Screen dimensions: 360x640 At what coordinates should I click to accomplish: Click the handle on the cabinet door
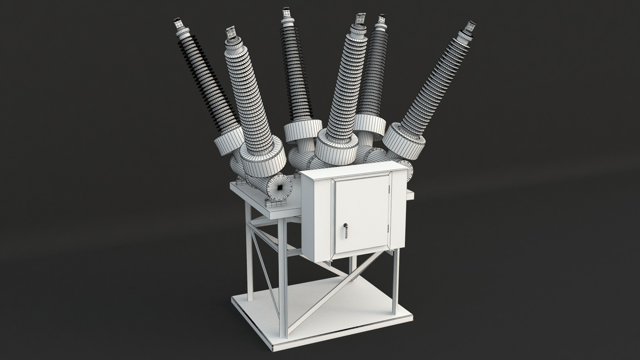[x=346, y=230]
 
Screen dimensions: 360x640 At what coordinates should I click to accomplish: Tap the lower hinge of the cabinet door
[x=389, y=227]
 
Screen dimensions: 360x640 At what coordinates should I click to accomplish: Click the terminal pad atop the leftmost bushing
[x=180, y=24]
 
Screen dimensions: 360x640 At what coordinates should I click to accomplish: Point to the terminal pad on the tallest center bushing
[x=286, y=13]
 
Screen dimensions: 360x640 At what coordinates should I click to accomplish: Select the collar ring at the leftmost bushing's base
[x=228, y=144]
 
